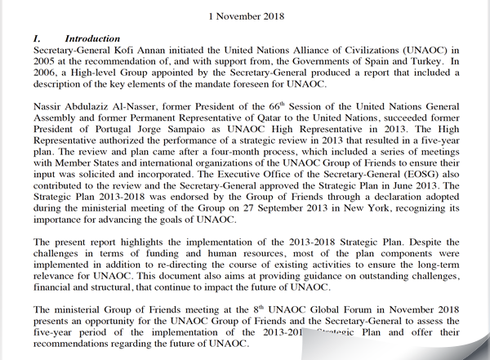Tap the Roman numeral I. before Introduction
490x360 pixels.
[37, 39]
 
